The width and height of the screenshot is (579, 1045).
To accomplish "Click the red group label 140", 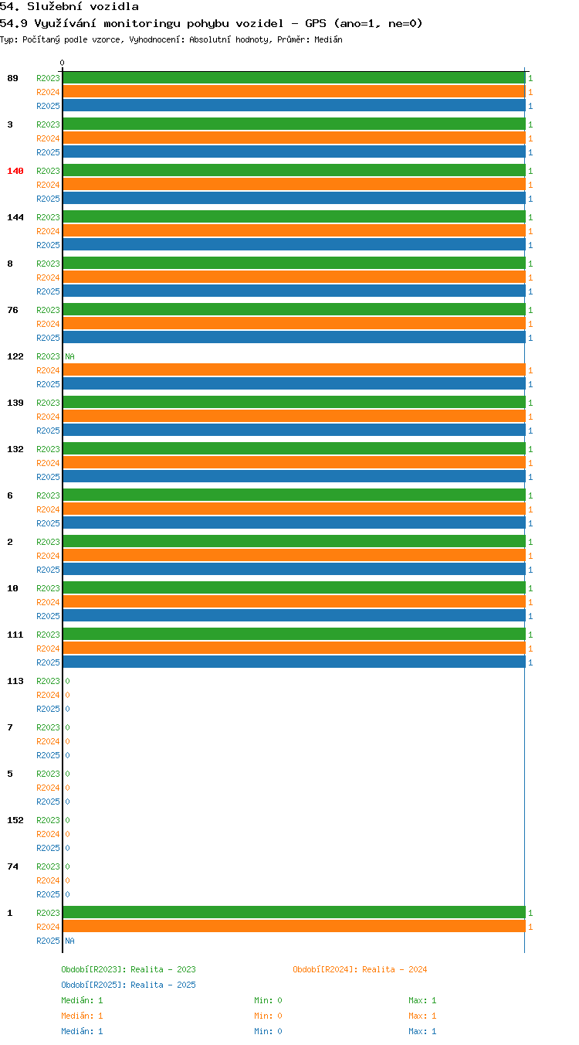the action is [15, 171].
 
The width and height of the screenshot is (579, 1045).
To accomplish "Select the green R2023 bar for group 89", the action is [294, 78].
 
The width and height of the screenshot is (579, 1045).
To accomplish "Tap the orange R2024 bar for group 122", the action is [294, 370].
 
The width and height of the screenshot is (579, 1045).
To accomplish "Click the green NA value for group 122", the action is [70, 356].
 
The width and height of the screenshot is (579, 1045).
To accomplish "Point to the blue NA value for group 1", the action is [70, 941].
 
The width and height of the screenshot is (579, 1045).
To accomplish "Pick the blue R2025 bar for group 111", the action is [294, 662].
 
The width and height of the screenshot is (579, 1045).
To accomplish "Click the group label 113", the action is [15, 681].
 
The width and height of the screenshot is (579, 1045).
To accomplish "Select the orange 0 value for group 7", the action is [67, 741].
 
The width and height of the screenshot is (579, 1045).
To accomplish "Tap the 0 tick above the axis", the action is [62, 63].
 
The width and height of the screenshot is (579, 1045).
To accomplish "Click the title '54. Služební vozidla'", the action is [69, 6].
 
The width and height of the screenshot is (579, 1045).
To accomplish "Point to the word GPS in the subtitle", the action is [315, 23].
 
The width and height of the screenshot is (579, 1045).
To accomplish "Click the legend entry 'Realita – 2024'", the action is [394, 969].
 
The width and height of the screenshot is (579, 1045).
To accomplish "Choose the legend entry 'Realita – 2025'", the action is [163, 985].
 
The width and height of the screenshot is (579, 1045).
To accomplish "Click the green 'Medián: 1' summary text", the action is [82, 1000].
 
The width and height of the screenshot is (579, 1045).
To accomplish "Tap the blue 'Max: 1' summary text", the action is [422, 1031].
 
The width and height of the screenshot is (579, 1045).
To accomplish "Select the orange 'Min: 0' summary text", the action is [268, 1016].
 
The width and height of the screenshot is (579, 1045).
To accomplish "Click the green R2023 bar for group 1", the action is [294, 913].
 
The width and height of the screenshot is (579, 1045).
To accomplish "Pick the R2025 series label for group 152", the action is [48, 848].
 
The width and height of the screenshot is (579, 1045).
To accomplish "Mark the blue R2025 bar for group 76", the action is [294, 337].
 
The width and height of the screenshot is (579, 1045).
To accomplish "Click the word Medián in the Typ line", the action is [328, 39].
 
